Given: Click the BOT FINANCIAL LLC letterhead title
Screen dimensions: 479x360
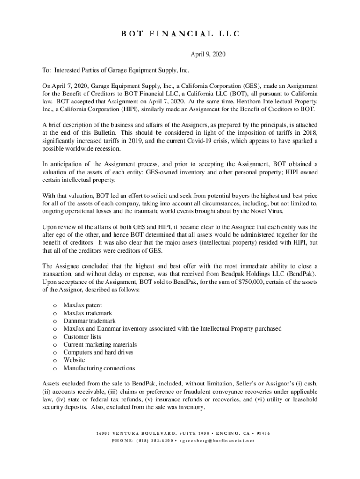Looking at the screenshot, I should pos(180,34).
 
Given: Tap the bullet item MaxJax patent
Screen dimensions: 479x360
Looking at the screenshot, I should pos(82,305).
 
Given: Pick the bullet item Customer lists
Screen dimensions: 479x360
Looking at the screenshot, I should pos(82,336).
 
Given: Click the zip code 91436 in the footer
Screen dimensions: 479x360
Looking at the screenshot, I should pos(263,433).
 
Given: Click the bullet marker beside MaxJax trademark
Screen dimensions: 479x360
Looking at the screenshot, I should pos(56,313).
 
